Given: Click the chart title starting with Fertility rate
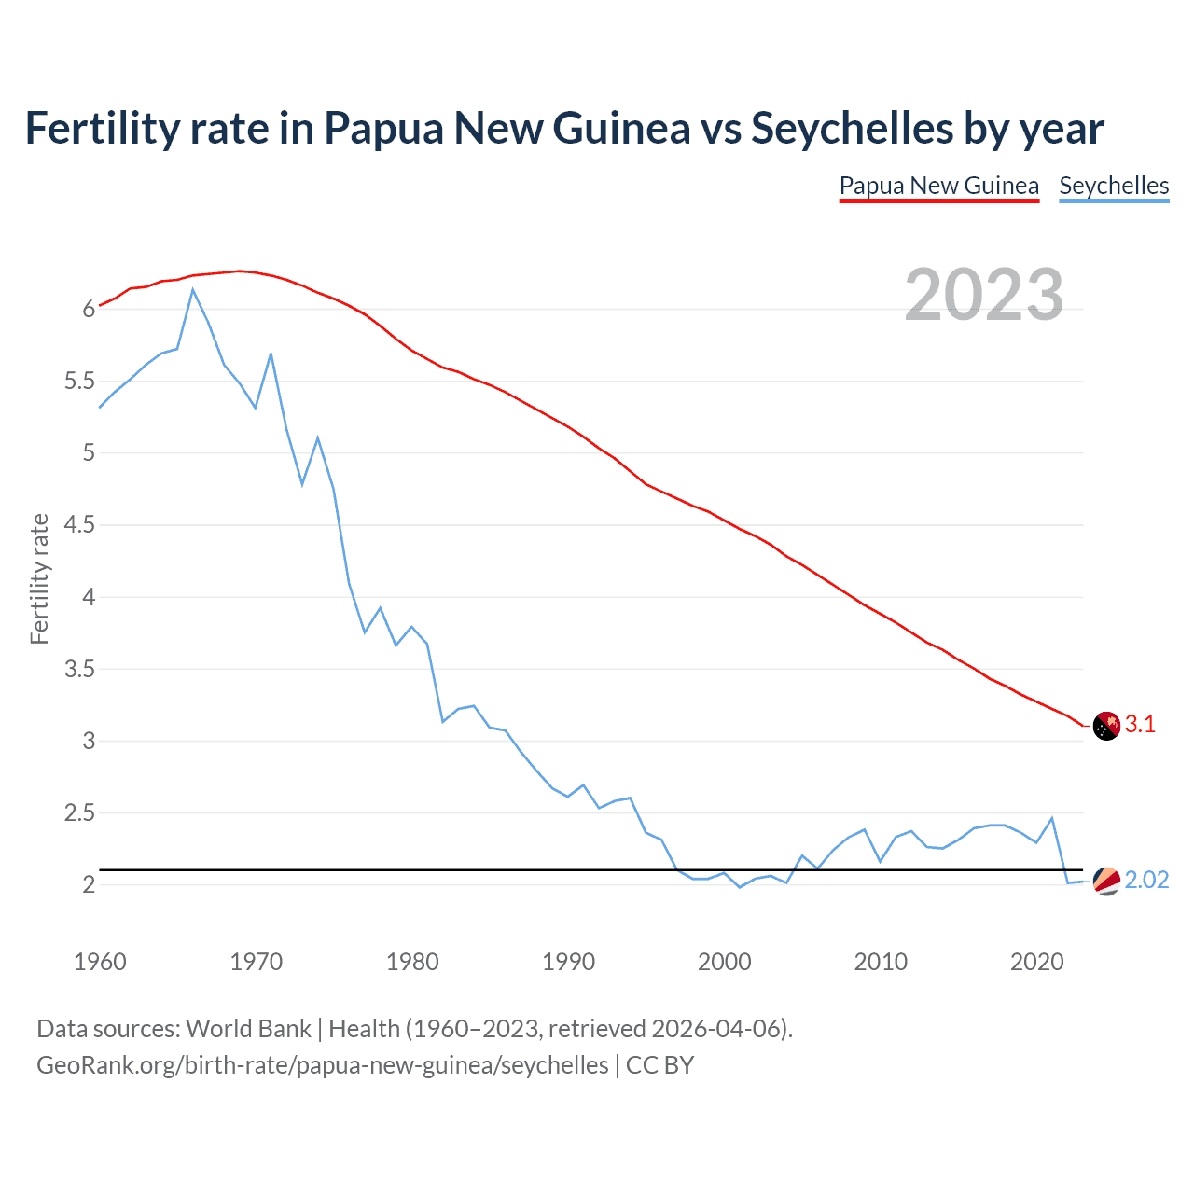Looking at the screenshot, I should pyautogui.click(x=564, y=128).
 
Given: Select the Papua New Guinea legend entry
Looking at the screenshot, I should pyautogui.click(x=938, y=186).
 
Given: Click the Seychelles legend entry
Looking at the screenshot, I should pyautogui.click(x=1114, y=186).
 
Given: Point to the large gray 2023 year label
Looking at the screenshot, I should pyautogui.click(x=984, y=295).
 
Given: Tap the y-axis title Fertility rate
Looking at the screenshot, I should pyautogui.click(x=39, y=578).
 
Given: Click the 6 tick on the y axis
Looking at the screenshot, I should pyautogui.click(x=89, y=310).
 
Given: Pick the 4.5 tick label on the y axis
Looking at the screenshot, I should pyautogui.click(x=79, y=525).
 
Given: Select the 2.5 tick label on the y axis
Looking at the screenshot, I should pyautogui.click(x=79, y=813).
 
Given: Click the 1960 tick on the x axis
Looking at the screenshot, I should pyautogui.click(x=100, y=962).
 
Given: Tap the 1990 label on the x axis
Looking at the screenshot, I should pyautogui.click(x=568, y=962).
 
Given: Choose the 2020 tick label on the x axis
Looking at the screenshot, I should pyautogui.click(x=1036, y=962).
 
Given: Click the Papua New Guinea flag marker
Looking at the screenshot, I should pyautogui.click(x=1105, y=726).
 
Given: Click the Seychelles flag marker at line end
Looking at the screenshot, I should pyautogui.click(x=1105, y=881).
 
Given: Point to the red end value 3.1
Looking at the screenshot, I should pyautogui.click(x=1140, y=725).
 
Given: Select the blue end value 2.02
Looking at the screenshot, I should pyautogui.click(x=1146, y=881).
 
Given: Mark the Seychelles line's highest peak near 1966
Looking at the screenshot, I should pyautogui.click(x=193, y=289).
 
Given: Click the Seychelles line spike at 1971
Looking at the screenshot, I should pyautogui.click(x=271, y=354).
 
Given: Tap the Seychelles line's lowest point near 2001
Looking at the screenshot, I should pyautogui.click(x=740, y=887).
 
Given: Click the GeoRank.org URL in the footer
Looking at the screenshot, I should pyautogui.click(x=322, y=1065).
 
